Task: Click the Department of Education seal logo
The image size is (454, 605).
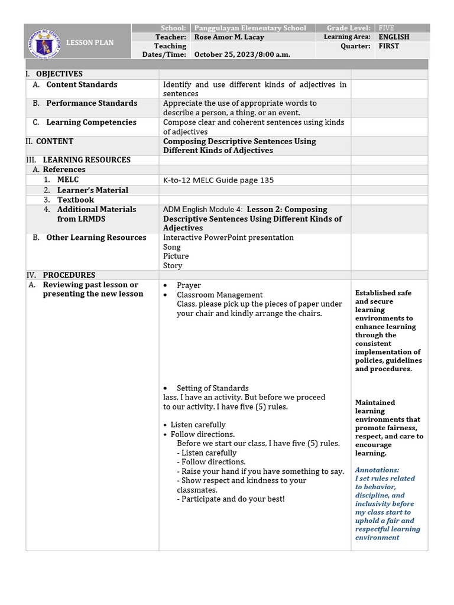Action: pyautogui.click(x=44, y=43)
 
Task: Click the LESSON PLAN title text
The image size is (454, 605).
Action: pyautogui.click(x=89, y=43)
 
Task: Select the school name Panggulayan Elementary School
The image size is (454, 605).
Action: pyautogui.click(x=250, y=28)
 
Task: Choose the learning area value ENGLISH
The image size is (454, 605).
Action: pyautogui.click(x=394, y=37)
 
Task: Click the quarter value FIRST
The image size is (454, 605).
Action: pyautogui.click(x=388, y=45)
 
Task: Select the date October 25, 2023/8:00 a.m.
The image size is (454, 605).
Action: pyautogui.click(x=242, y=54)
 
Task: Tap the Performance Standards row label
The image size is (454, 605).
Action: pyautogui.click(x=92, y=103)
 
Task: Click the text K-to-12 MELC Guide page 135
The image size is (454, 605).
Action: pyautogui.click(x=218, y=180)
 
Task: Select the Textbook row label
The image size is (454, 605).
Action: pyautogui.click(x=75, y=200)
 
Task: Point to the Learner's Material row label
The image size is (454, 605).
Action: pyautogui.click(x=92, y=190)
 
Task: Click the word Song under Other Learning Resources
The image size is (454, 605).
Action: pyautogui.click(x=171, y=247)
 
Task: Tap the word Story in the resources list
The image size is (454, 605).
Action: pyautogui.click(x=173, y=265)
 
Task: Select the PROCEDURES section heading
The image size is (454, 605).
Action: pyautogui.click(x=69, y=275)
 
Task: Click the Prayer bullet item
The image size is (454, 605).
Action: pyautogui.click(x=189, y=285)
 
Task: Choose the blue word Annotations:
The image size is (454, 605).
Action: pyautogui.click(x=377, y=470)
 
